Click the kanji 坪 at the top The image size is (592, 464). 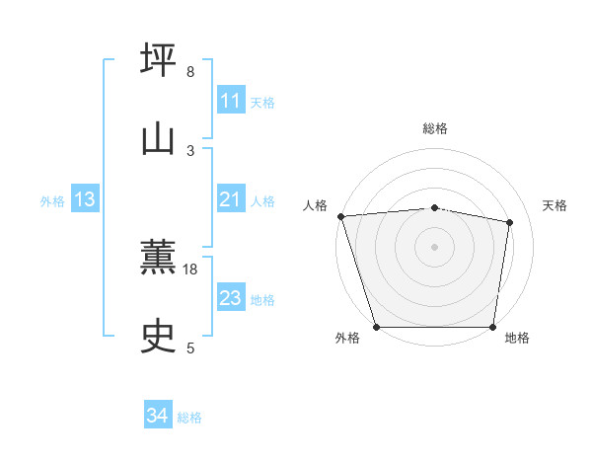coord(159,59)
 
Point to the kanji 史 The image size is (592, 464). coord(159,337)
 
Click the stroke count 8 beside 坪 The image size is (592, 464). coord(190,72)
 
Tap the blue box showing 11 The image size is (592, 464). coord(230,101)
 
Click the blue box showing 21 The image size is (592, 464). coord(230,199)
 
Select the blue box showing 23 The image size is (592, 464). coord(230,298)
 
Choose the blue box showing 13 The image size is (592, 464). coord(84,199)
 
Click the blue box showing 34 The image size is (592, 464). coord(157,417)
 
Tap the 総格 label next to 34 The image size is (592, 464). coord(189,418)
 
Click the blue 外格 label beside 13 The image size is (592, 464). coord(52,200)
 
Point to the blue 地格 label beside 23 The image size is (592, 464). coord(262,299)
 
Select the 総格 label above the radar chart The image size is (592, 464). coord(435,128)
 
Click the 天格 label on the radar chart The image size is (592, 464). coord(555,205)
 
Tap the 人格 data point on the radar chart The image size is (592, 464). coord(340,216)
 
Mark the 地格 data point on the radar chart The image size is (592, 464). coord(493,327)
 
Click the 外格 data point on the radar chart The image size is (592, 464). coord(377,327)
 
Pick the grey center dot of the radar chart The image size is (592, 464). coord(435,247)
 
